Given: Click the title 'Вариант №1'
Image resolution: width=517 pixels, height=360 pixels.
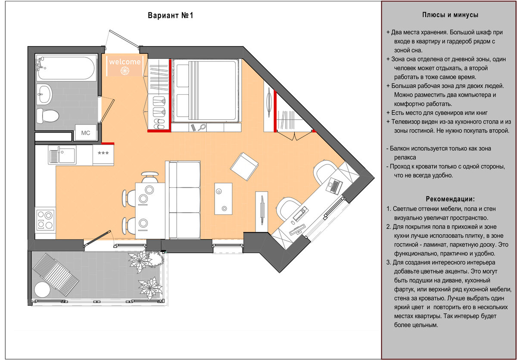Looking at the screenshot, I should [x=171, y=16].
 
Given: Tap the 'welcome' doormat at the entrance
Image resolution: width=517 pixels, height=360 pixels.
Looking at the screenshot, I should [x=125, y=66].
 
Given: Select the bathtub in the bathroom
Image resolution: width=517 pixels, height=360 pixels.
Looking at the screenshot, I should [x=66, y=68].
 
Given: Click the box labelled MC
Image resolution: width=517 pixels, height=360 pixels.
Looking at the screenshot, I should [x=85, y=133].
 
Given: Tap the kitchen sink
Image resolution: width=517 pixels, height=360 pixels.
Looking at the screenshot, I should [x=55, y=155].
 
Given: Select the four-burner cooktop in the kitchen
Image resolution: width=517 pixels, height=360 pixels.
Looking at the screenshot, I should [x=45, y=220].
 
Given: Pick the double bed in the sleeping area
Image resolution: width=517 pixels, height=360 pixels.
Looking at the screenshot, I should [x=205, y=91].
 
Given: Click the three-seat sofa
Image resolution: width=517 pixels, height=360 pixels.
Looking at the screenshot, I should [x=184, y=199].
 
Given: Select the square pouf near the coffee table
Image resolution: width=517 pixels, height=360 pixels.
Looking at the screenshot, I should [x=244, y=167].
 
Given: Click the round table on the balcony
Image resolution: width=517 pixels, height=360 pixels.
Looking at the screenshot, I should [x=43, y=289].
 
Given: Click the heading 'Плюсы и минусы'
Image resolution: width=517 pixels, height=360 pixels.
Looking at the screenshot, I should [x=450, y=15].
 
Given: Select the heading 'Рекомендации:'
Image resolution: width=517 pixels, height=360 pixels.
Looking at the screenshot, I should [x=450, y=199].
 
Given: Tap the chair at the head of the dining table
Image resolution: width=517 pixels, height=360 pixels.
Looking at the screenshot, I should [x=149, y=177].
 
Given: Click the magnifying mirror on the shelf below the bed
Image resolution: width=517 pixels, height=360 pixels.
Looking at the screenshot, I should [x=200, y=127].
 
